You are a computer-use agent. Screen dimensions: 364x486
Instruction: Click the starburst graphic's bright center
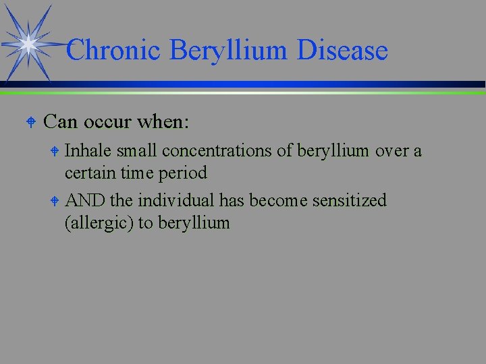point(28,44)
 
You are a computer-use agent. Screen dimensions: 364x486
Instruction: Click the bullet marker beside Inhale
point(56,151)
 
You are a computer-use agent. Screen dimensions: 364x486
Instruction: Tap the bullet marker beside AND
point(56,201)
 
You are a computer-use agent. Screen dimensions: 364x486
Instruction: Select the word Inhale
point(88,150)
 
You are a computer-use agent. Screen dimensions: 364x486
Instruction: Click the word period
point(184,173)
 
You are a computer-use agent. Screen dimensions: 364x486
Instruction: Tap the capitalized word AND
point(83,201)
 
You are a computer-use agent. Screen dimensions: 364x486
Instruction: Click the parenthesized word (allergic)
point(99,223)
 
